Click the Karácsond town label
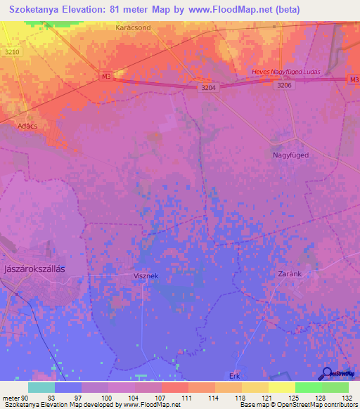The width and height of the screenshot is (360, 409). [x=134, y=27]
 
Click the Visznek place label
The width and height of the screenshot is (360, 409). [x=146, y=276]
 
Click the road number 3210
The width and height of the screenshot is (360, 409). [x=12, y=52]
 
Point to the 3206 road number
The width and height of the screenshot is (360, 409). [x=283, y=84]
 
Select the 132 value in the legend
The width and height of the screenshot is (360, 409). [x=348, y=397]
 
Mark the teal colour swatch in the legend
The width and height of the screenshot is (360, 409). [x=41, y=387]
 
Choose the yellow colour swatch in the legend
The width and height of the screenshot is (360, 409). [x=281, y=387]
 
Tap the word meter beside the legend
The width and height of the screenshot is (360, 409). [x=11, y=397]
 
